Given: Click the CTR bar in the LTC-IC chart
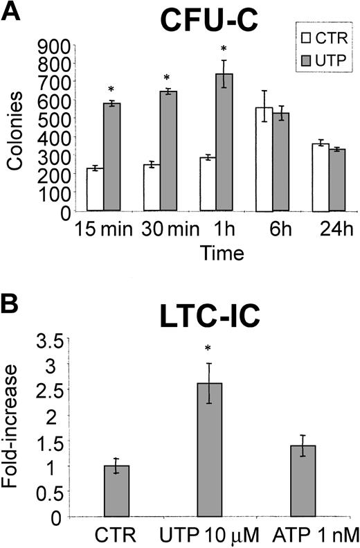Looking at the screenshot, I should pos(116,491).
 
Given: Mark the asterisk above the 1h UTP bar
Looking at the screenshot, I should pos(224,49).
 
